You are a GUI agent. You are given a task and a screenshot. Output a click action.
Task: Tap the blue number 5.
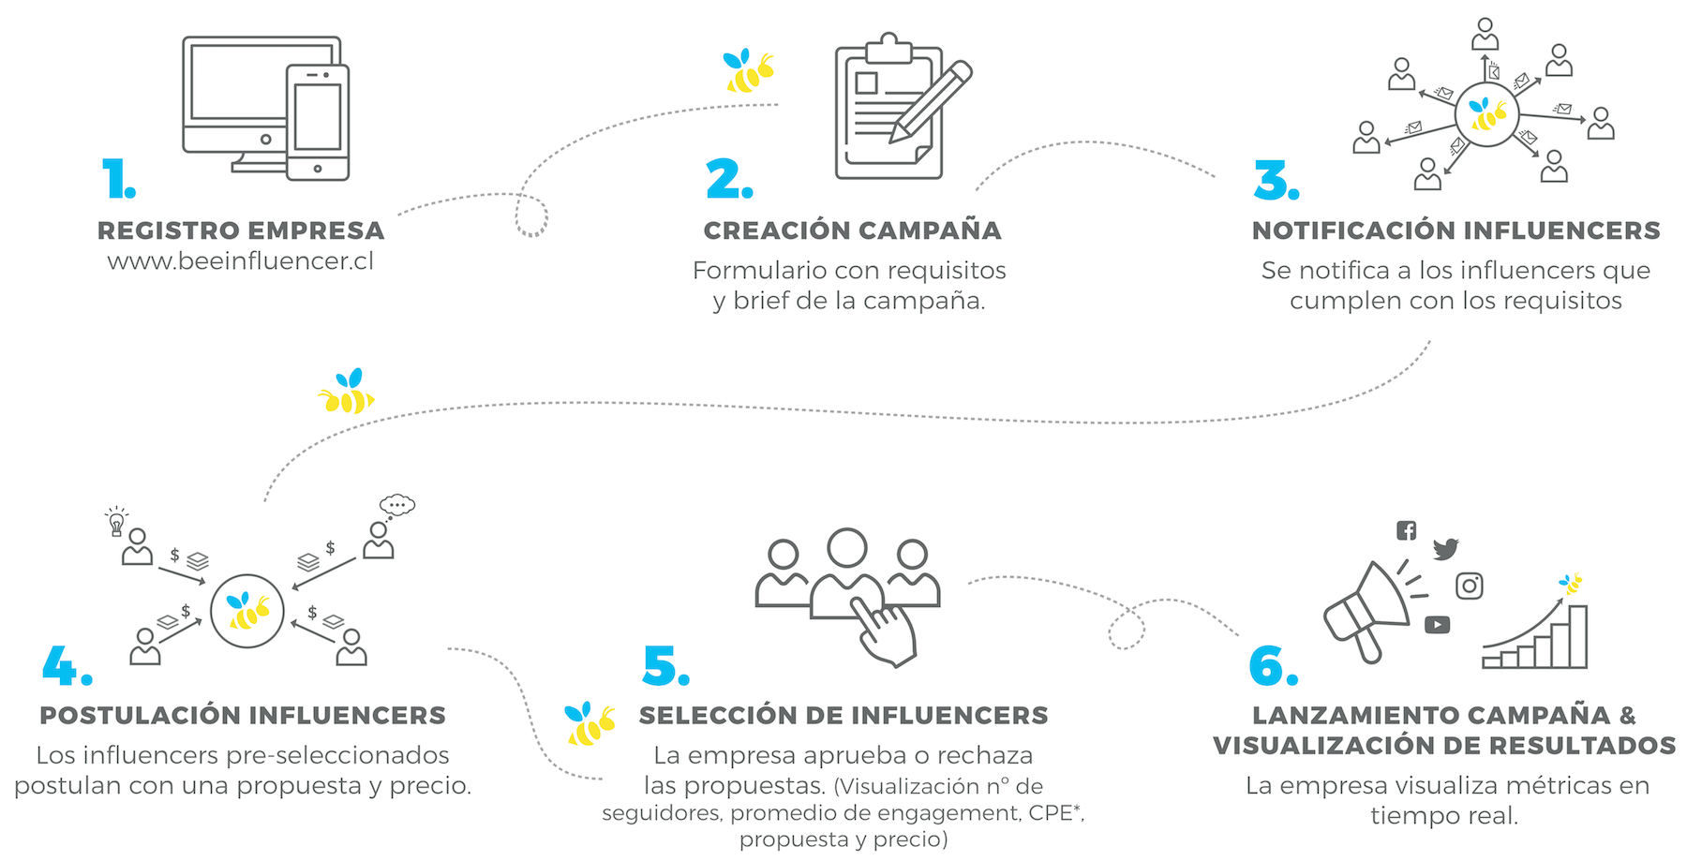click(x=665, y=666)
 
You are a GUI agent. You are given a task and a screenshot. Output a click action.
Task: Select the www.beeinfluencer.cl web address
click(x=241, y=260)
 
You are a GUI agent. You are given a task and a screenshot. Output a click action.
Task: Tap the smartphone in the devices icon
click(x=318, y=122)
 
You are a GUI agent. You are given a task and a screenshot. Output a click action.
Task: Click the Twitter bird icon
click(x=1445, y=548)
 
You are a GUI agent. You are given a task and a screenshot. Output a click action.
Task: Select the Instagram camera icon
click(x=1469, y=586)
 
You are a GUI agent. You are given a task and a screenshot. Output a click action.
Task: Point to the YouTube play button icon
click(x=1437, y=625)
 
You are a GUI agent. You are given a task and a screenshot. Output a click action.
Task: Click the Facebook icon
click(x=1406, y=530)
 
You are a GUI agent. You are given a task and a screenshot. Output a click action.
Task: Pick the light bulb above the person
click(x=116, y=521)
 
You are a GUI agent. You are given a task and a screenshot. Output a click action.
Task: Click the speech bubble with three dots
click(x=397, y=505)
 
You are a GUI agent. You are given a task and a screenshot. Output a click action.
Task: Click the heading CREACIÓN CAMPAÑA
click(x=852, y=230)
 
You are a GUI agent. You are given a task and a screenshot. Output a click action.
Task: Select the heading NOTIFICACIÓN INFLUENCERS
click(x=1456, y=230)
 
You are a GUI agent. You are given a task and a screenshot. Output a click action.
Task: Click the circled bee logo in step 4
click(x=247, y=611)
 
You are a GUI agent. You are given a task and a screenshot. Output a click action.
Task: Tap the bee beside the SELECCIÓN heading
click(x=590, y=723)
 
